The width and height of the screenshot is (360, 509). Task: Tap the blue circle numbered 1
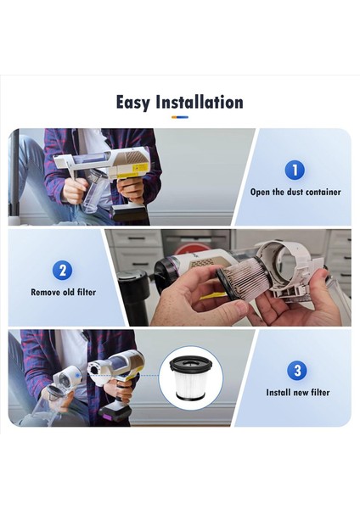coord(295,170)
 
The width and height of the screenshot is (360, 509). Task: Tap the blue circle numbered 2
coord(63,271)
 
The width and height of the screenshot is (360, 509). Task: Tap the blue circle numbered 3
coord(295,370)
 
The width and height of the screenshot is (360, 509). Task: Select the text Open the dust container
coord(295,193)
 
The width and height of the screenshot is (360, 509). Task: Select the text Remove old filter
coord(63,293)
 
